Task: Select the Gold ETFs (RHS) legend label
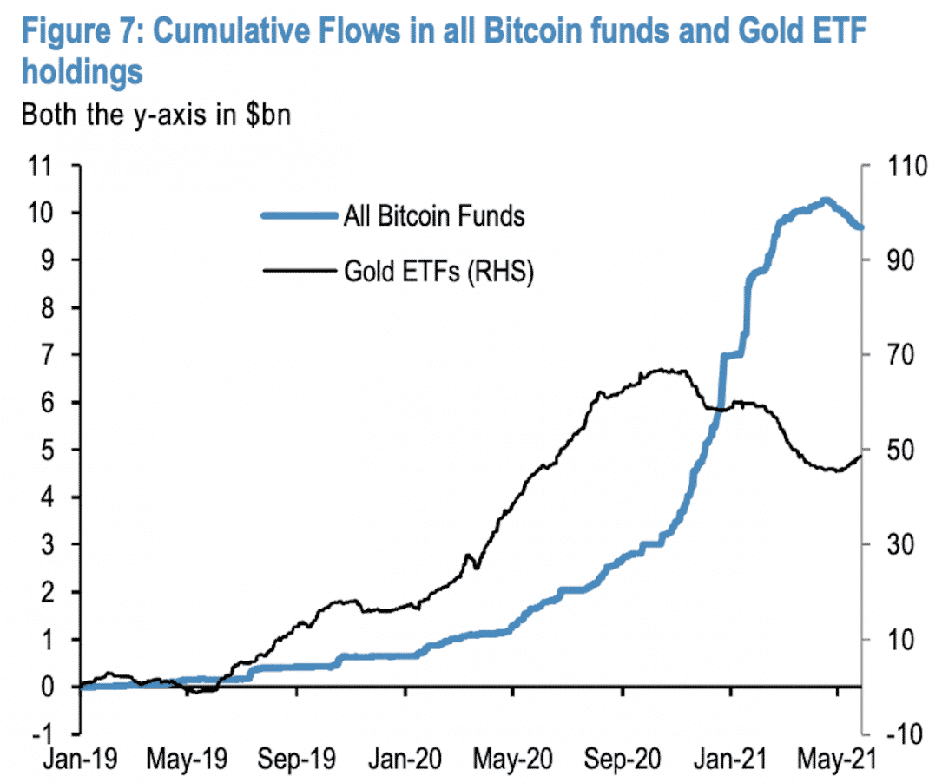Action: pos(438,273)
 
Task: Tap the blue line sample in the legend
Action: pos(300,215)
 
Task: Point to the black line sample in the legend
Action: pos(300,273)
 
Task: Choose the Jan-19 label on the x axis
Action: pos(80,761)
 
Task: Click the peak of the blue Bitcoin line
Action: pos(826,201)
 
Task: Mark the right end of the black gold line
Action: pos(861,455)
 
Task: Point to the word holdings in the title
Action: pos(82,72)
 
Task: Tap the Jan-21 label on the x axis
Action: pos(730,761)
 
